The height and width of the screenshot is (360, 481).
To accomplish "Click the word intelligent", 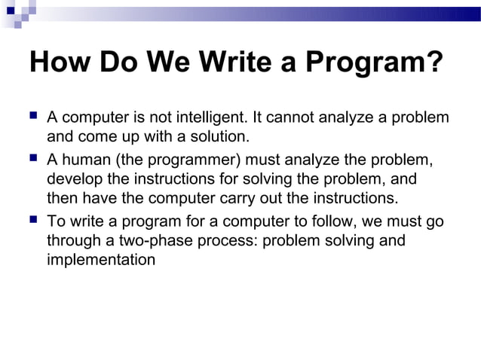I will pyautogui.click(x=212, y=118).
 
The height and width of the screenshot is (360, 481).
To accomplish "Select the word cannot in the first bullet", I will pyautogui.click(x=290, y=118).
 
